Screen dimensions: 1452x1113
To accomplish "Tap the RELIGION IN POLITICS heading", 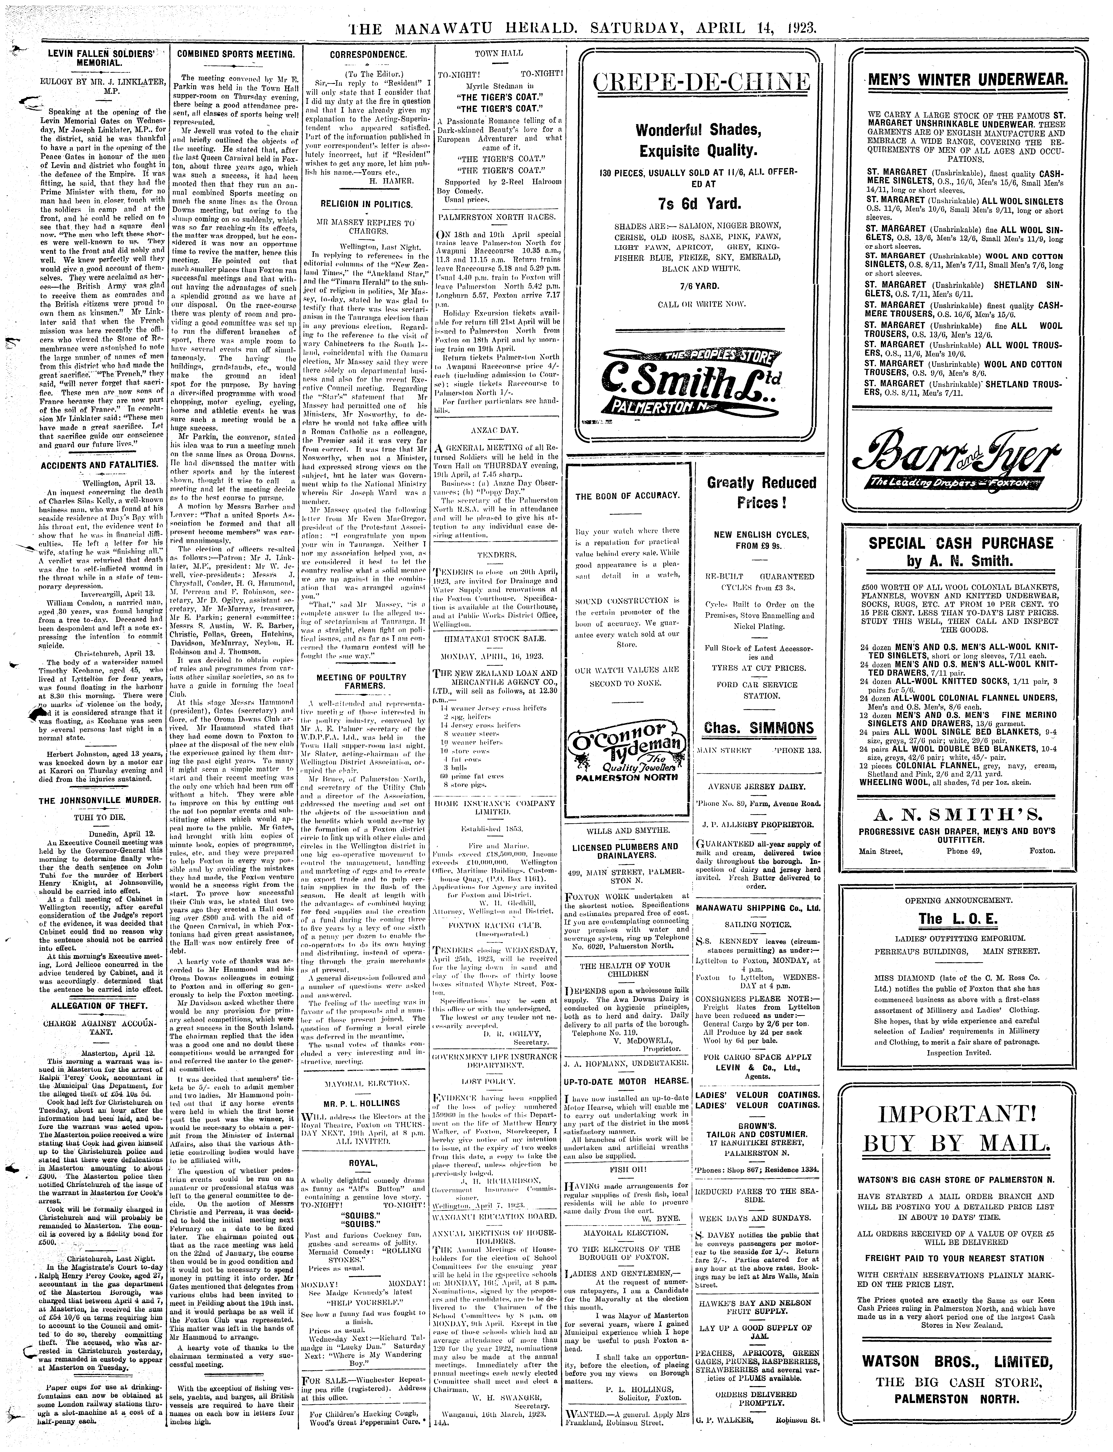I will tap(366, 204).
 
